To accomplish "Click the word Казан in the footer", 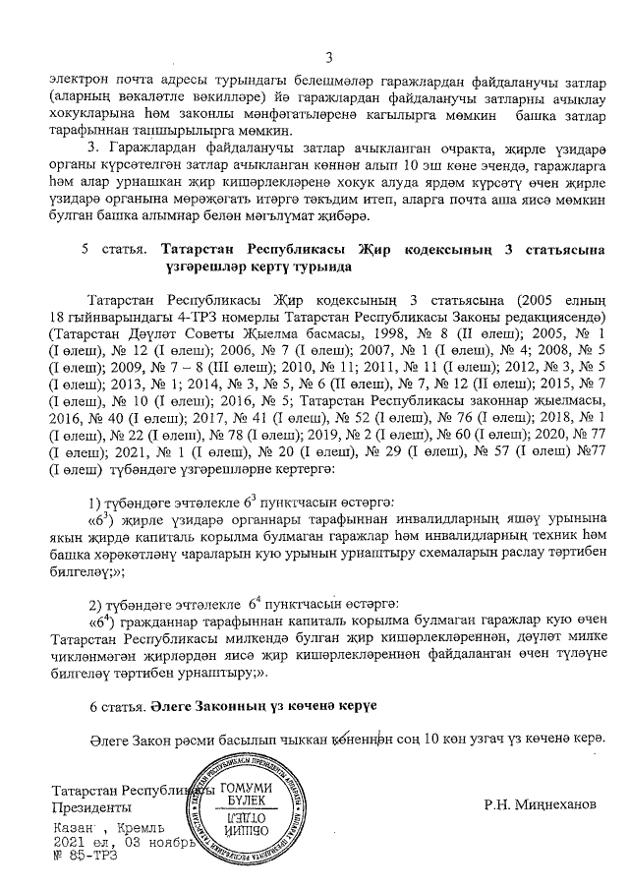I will tap(78, 829).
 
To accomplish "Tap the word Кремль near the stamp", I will tap(145, 829).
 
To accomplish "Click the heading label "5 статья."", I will tap(113, 250).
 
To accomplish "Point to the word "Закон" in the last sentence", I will tap(146, 740).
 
